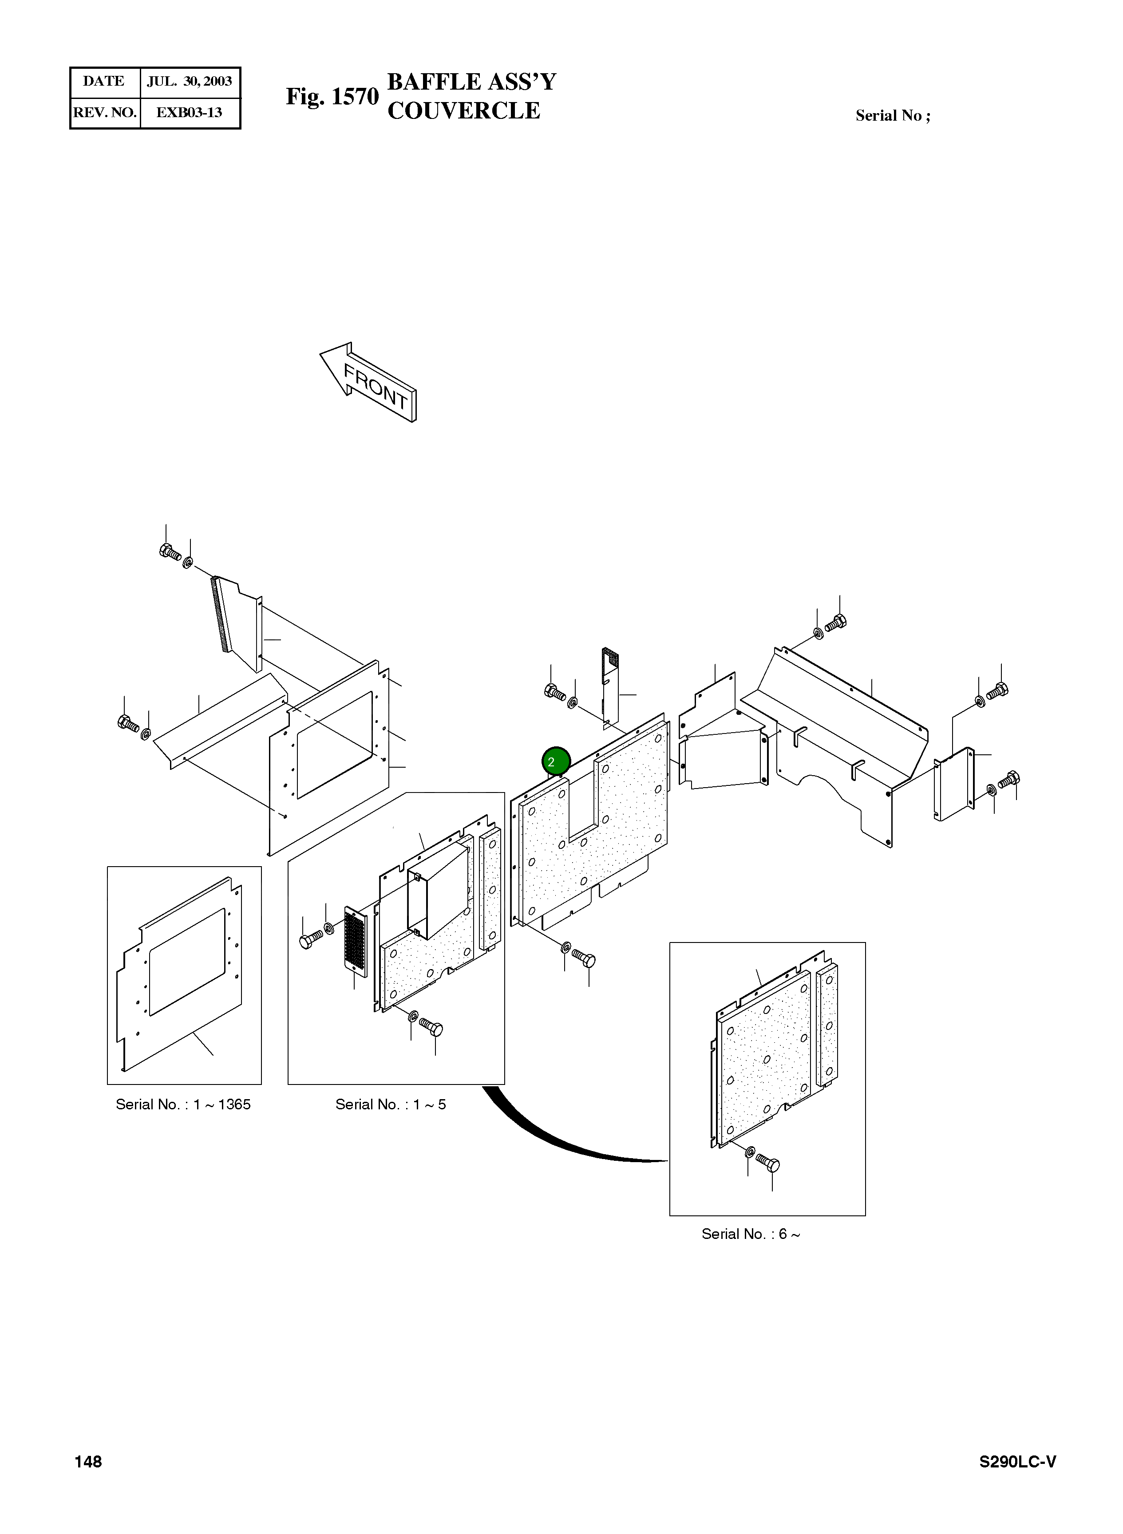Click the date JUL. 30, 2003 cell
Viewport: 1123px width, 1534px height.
(190, 82)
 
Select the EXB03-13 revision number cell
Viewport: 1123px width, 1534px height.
(190, 113)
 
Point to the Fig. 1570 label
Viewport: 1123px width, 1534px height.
(332, 96)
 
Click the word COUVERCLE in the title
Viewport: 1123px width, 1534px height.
(463, 111)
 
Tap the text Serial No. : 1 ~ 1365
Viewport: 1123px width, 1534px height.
(183, 1104)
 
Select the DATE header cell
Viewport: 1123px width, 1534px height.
(104, 82)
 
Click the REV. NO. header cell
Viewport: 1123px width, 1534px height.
(105, 113)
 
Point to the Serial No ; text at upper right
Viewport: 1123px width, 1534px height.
(893, 115)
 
